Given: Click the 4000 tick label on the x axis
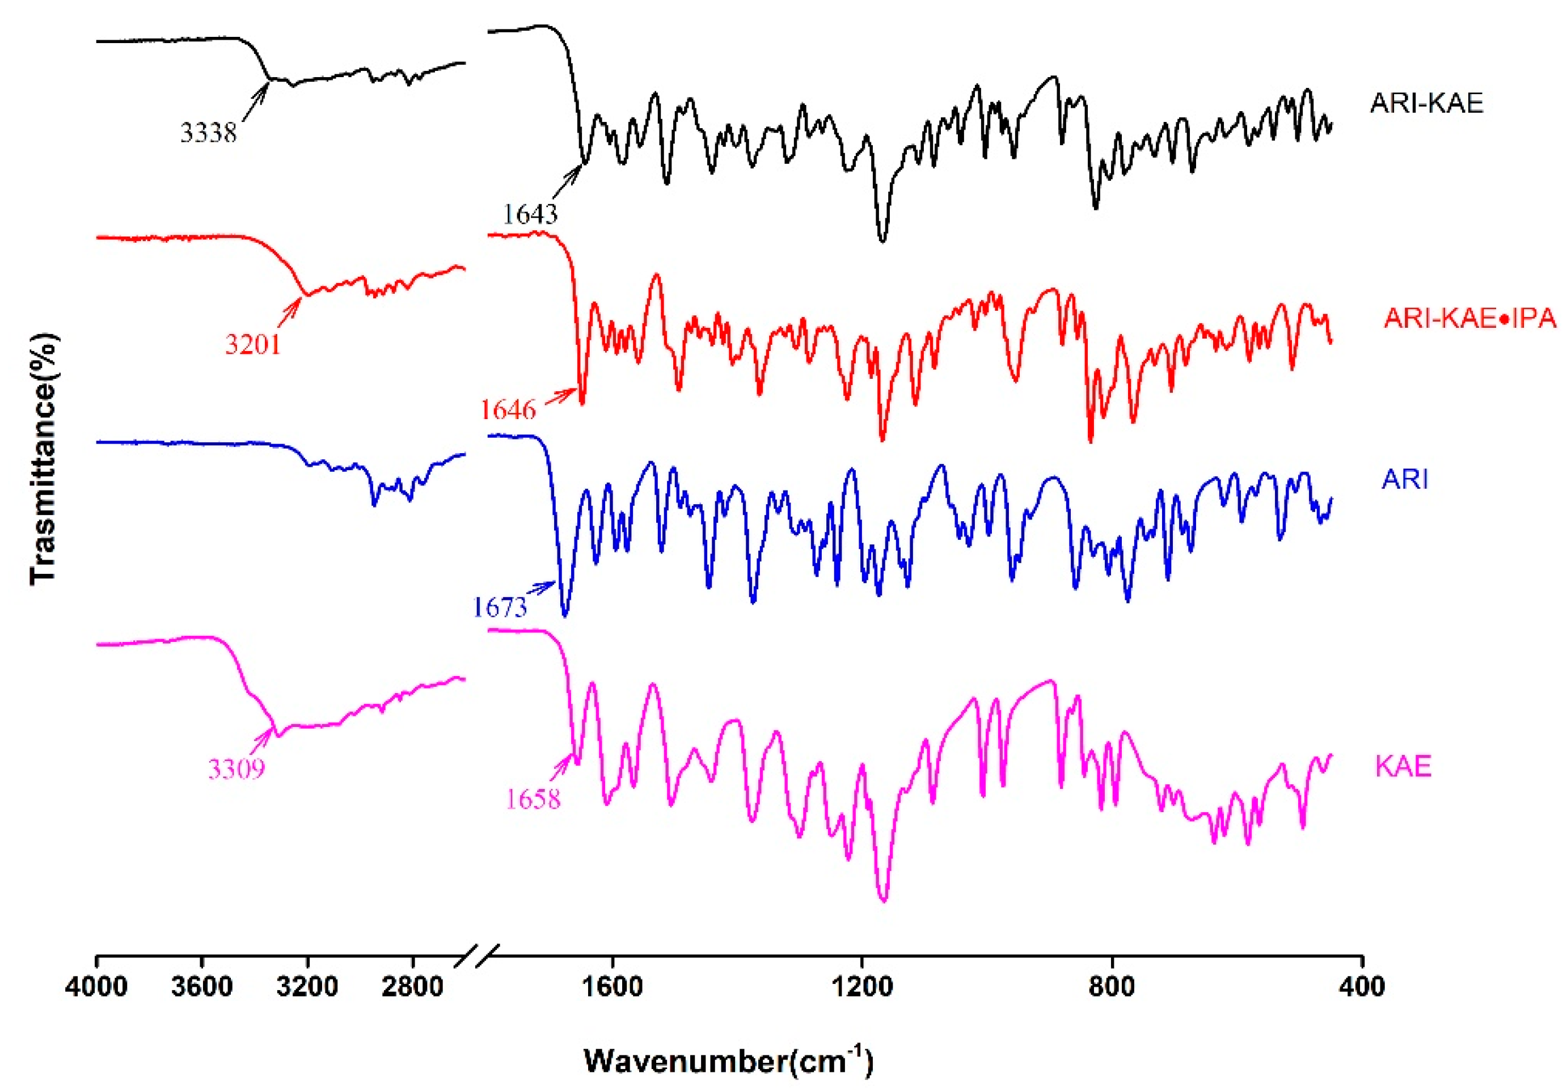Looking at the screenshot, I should tap(96, 987).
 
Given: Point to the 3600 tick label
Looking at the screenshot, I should tap(201, 987).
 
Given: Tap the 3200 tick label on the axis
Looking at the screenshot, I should tap(307, 987).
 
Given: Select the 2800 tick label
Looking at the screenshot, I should tap(412, 987).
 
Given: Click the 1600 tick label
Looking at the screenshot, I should tap(613, 987).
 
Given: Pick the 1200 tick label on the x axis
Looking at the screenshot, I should tap(863, 987).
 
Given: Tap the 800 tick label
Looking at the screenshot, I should tap(1113, 987).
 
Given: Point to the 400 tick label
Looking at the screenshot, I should tap(1362, 987).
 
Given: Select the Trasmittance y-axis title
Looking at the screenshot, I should tap(43, 458).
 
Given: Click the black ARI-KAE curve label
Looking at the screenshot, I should tap(1426, 103).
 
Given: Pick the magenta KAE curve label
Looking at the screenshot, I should tap(1403, 767).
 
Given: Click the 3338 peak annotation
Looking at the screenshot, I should tap(208, 132).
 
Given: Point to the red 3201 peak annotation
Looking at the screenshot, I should tap(252, 345).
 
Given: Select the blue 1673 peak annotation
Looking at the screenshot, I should tap(500, 607).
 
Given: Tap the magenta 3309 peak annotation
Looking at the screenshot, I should tap(236, 769).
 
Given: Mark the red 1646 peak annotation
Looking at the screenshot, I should tap(508, 409).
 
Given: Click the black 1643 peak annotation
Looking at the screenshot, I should tap(530, 214).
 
